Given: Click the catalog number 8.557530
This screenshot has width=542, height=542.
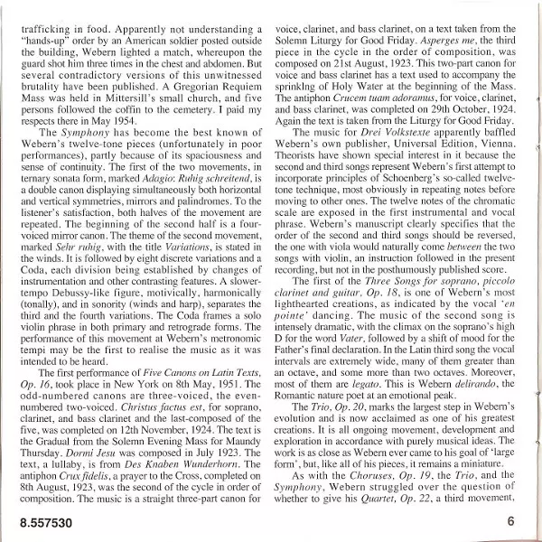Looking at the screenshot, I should coord(42,521).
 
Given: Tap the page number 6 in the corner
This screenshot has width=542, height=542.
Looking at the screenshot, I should coord(510,521).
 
